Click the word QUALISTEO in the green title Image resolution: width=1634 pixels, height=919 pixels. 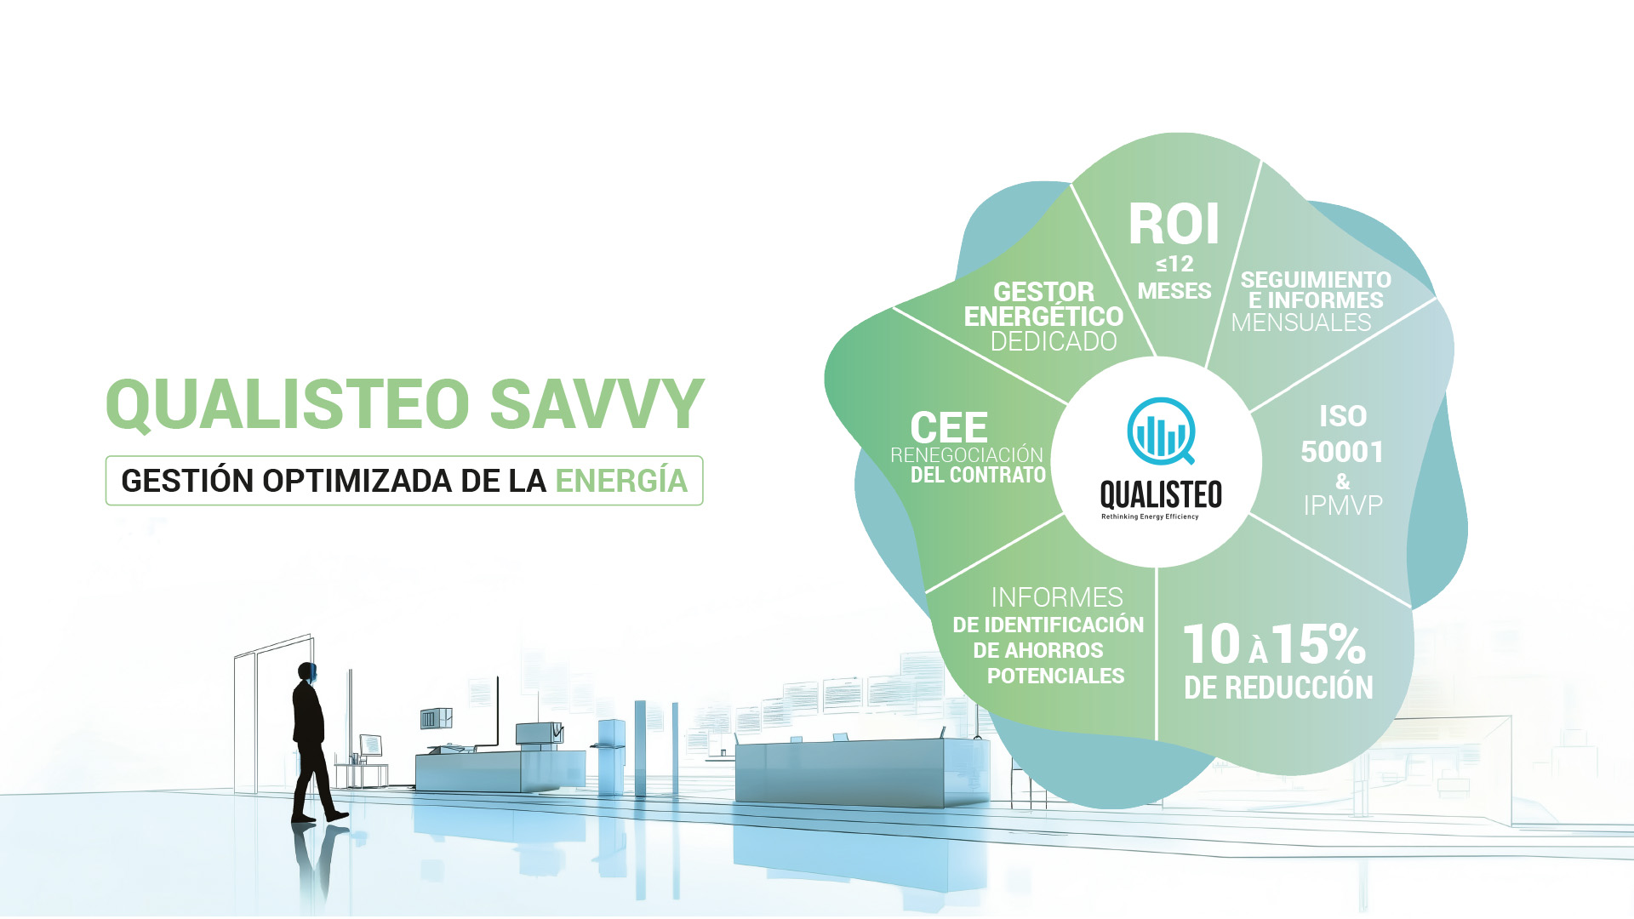288,405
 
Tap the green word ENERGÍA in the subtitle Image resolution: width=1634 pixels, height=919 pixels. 621,480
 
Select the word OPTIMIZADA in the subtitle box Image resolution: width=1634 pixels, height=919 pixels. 357,481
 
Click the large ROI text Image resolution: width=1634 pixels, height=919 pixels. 1174,225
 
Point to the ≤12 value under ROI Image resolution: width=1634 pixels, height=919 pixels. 1174,264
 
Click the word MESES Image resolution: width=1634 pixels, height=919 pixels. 1174,291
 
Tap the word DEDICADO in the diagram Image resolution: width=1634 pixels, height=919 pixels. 1054,341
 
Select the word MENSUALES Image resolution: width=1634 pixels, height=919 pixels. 1301,323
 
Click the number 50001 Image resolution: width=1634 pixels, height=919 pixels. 1342,452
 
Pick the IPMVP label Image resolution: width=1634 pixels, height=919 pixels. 1343,505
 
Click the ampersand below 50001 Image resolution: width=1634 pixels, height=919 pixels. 1343,482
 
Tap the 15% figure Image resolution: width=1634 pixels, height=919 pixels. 1318,644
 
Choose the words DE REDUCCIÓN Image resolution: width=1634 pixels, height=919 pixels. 1278,688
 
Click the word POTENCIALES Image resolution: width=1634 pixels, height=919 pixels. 1055,676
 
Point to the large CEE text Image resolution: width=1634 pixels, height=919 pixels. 949,427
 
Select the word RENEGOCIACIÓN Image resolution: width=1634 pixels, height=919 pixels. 967,455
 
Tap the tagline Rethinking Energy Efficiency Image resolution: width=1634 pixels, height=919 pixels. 1150,517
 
